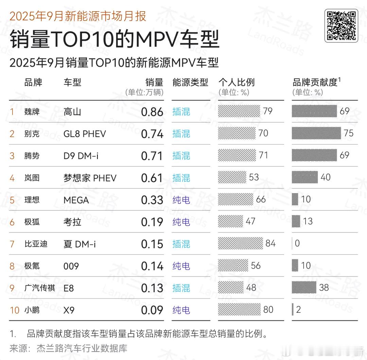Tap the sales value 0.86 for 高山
(x=152, y=112)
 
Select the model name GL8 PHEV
(x=85, y=134)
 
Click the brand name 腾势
(x=32, y=156)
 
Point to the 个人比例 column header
(x=236, y=82)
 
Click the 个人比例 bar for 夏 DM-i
(x=240, y=243)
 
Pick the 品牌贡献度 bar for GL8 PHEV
(x=316, y=133)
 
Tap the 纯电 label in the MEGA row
(x=181, y=200)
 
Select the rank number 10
(x=15, y=310)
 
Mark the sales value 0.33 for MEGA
(x=152, y=200)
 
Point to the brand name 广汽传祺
(x=39, y=288)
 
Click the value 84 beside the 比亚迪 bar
(x=270, y=243)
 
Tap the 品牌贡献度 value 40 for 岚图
(x=325, y=177)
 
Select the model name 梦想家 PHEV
(x=90, y=178)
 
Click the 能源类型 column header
(x=190, y=82)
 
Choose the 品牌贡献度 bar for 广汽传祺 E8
(x=304, y=288)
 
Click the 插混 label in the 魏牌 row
(x=181, y=112)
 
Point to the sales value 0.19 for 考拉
(x=152, y=222)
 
